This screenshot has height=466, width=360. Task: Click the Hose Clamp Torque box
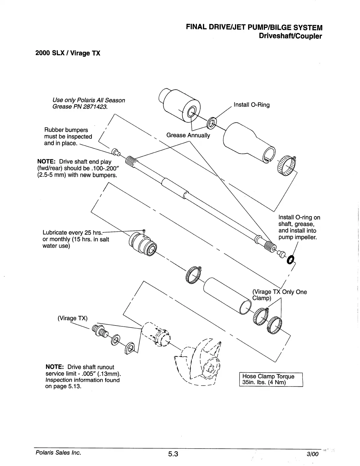[x=271, y=379]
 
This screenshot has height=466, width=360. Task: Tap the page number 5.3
[x=173, y=453]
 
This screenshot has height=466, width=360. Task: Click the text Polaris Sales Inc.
[x=58, y=452]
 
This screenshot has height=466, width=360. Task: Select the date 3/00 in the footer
[x=313, y=454]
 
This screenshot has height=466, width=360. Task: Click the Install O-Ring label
[x=251, y=105]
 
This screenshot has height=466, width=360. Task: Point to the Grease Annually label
[x=188, y=135]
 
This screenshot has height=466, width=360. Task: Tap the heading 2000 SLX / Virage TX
[x=68, y=53]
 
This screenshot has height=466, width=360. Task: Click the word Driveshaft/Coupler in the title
[x=290, y=36]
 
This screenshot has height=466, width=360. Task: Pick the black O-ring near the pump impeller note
[x=291, y=259]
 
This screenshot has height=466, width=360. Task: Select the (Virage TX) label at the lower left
[x=73, y=318]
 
